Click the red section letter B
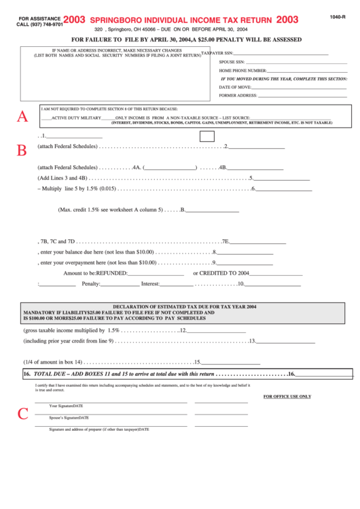22,150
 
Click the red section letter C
22,413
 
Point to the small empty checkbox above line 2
207,136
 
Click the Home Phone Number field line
299,71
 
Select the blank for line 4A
170,167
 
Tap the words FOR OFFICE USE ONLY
287,396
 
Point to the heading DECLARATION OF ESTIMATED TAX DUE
184,307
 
